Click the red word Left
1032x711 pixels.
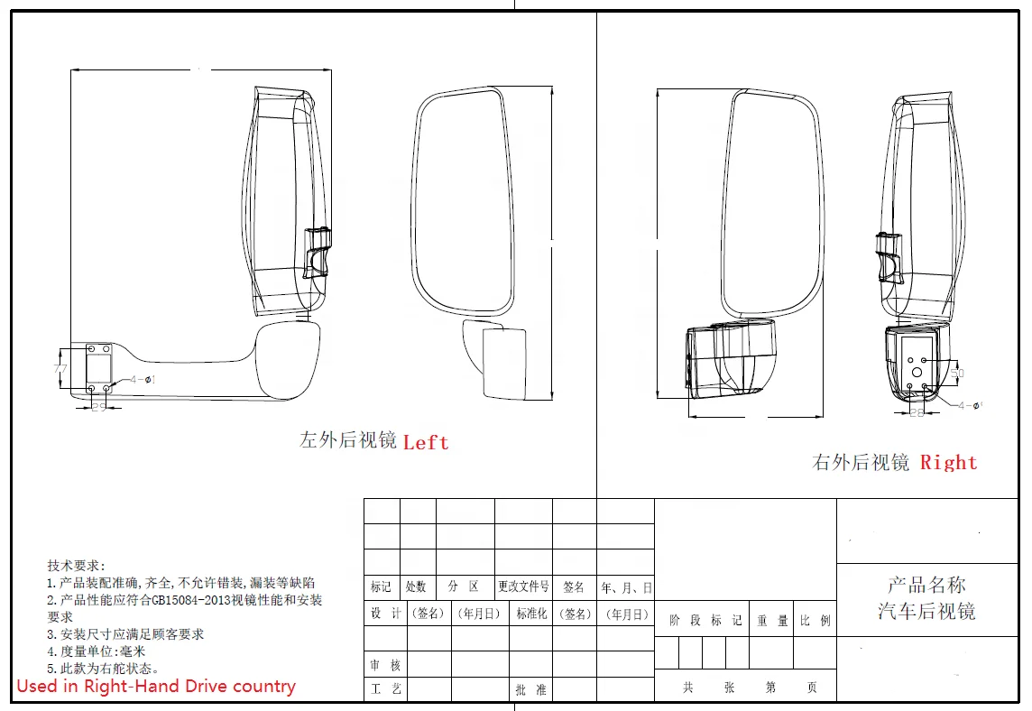[425, 442]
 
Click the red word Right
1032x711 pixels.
[948, 463]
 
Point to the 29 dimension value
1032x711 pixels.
[99, 408]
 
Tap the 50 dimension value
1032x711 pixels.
[957, 372]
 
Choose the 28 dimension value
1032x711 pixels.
[917, 412]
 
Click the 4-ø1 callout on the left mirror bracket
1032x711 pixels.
[142, 380]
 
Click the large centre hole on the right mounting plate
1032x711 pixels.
[917, 370]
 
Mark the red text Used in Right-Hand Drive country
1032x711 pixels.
[156, 686]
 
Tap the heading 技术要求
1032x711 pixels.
[76, 566]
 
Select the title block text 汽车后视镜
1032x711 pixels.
[926, 612]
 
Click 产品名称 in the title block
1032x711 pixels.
[926, 585]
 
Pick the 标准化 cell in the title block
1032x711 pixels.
[531, 614]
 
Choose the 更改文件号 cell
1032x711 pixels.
[523, 586]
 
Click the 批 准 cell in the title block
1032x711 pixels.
[530, 689]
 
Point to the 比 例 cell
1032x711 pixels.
[815, 621]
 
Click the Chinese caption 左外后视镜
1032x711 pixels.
[348, 440]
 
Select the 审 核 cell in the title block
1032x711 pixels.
[385, 665]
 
